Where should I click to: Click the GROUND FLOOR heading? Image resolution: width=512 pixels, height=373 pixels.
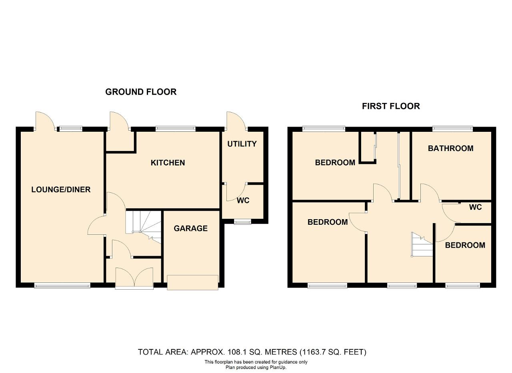click(x=141, y=92)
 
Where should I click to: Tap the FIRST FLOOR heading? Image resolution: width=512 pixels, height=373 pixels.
click(x=391, y=106)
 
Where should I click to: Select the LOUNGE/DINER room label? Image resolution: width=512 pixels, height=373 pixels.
click(x=61, y=190)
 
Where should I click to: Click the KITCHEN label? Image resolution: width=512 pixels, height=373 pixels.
click(x=168, y=163)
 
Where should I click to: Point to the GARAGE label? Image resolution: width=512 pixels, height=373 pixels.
click(x=191, y=228)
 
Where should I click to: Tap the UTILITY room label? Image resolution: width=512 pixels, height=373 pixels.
click(x=242, y=144)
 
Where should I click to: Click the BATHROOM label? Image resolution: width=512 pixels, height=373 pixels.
click(x=450, y=148)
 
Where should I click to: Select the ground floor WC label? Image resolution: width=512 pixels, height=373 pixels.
click(x=243, y=201)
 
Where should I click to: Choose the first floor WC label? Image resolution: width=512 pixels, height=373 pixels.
click(x=476, y=207)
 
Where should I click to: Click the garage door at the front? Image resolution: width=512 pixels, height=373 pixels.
click(x=192, y=283)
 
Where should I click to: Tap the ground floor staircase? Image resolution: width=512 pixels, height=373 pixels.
click(x=143, y=227)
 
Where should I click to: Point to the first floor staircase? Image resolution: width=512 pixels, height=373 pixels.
click(x=422, y=244)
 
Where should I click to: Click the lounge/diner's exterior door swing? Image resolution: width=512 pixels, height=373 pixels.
click(x=45, y=121)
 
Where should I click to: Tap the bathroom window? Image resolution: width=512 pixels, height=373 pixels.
click(x=452, y=129)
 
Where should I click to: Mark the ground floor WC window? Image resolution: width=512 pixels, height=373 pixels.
click(x=242, y=222)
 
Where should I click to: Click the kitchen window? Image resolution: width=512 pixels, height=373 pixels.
click(x=176, y=129)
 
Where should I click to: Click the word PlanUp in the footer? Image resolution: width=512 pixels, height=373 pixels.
click(x=277, y=367)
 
